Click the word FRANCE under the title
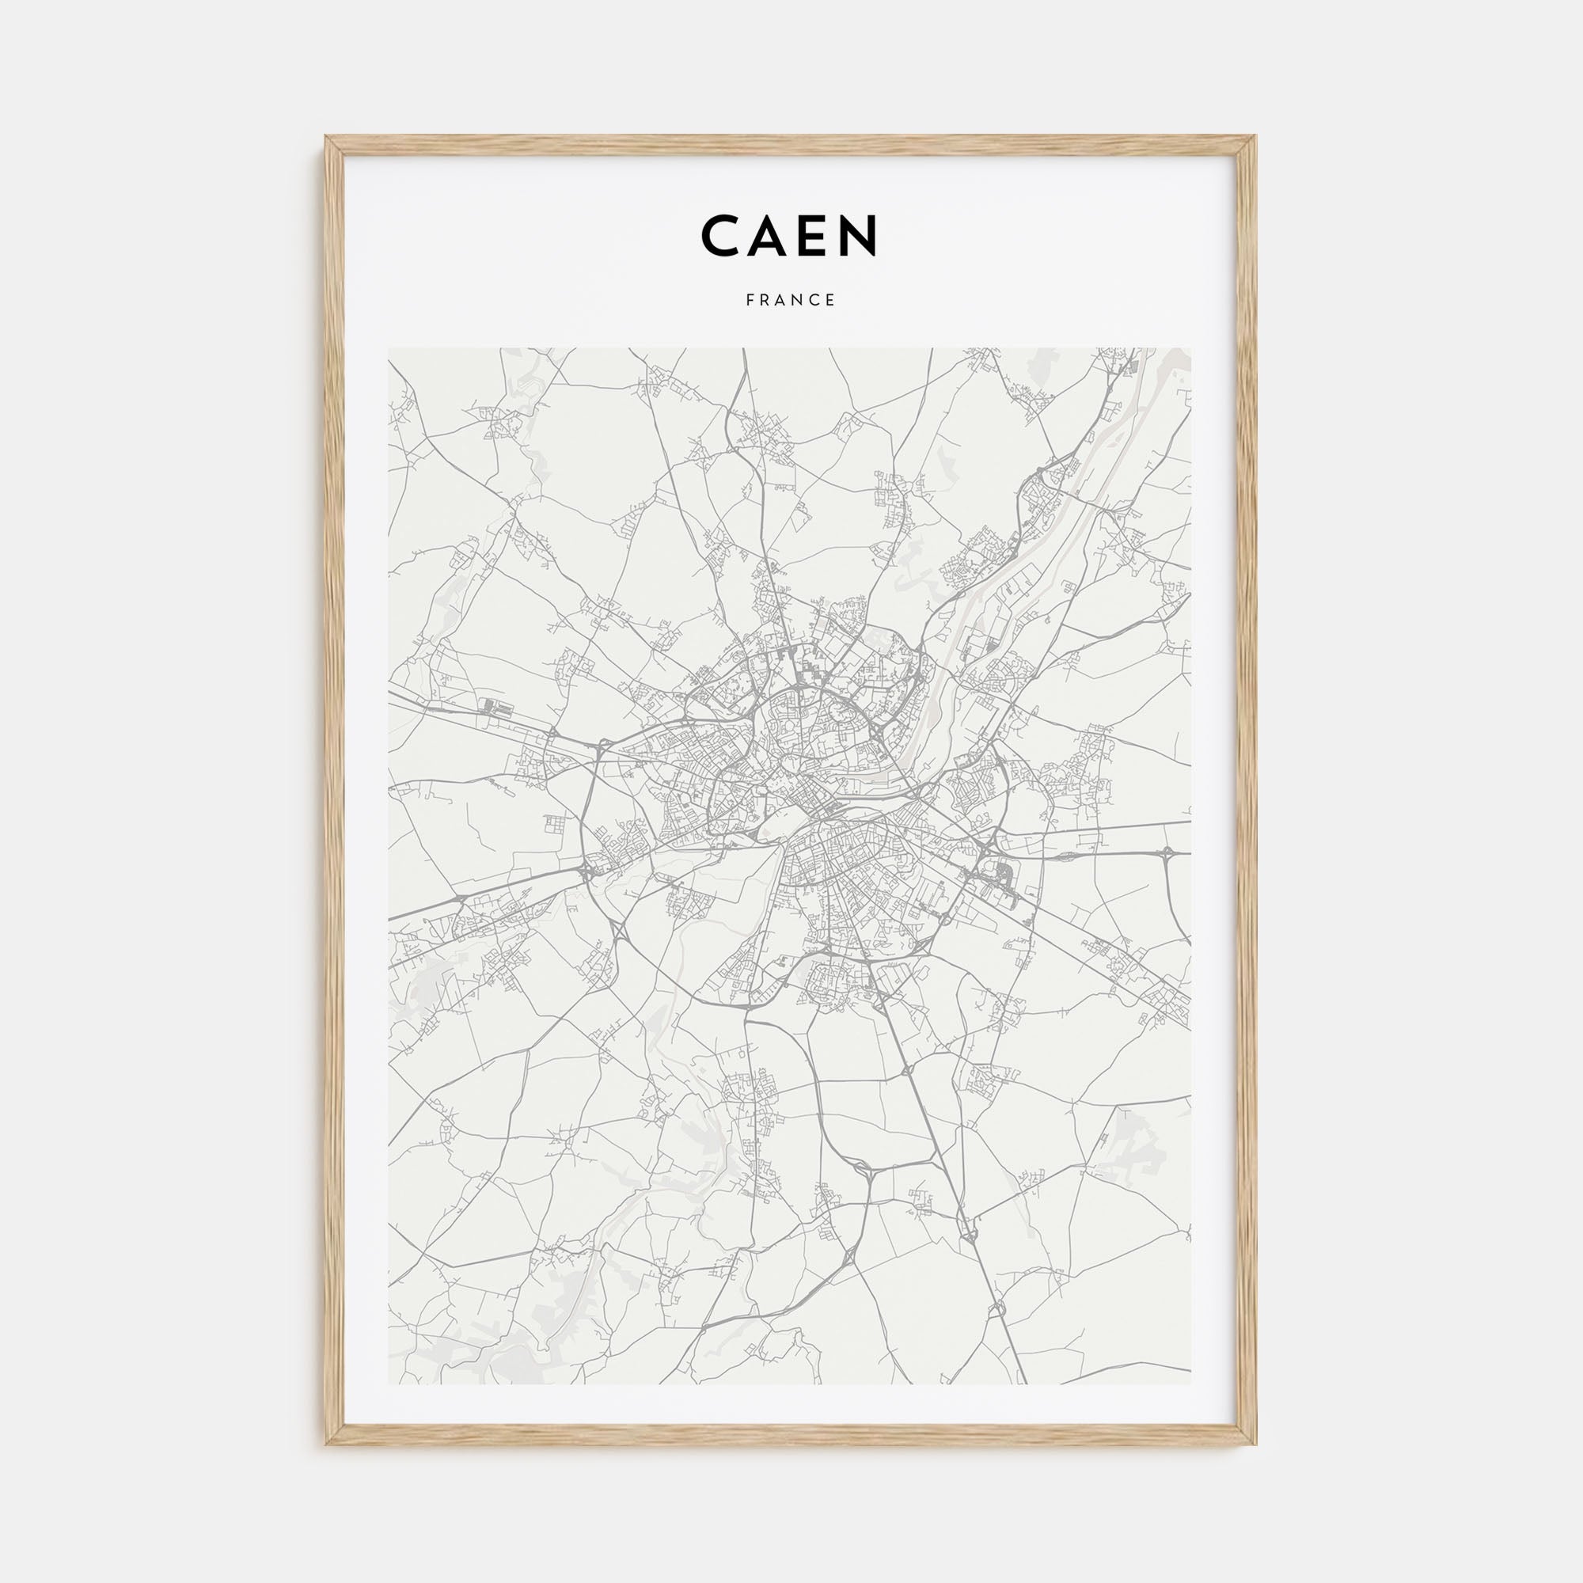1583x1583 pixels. point(791,300)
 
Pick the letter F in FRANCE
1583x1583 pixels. point(750,300)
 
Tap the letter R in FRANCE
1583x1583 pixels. point(765,300)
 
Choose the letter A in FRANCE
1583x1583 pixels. point(782,300)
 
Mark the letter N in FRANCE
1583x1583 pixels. point(799,300)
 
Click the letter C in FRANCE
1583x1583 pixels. point(816,300)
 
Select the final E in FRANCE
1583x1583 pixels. point(832,300)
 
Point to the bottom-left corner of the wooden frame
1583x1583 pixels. point(326,1444)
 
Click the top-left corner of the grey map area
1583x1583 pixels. point(389,349)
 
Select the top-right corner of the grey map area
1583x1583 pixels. point(1192,349)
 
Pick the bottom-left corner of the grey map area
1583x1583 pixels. point(389,1384)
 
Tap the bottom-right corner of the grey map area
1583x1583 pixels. point(1192,1384)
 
